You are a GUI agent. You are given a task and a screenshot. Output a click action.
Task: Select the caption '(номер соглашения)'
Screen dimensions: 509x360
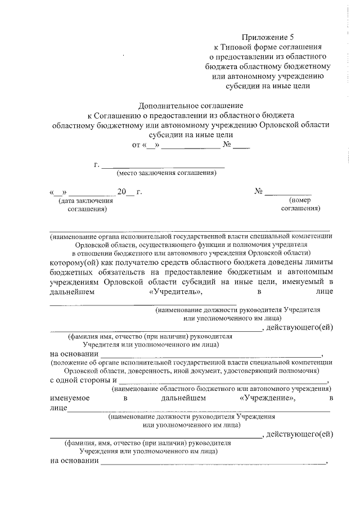(300, 204)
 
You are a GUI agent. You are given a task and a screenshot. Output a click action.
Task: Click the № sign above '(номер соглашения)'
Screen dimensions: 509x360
(259, 191)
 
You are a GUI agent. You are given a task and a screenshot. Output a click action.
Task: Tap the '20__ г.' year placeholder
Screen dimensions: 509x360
(129, 192)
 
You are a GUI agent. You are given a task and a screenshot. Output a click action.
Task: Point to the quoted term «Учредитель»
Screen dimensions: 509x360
(176, 292)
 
